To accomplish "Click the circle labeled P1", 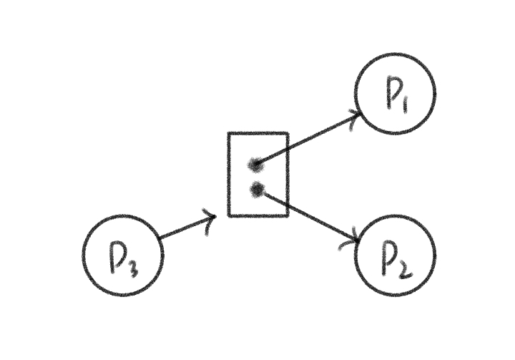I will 395,94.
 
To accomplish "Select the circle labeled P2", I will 395,255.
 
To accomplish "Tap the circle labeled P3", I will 122,256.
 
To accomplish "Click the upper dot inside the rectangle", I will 255,165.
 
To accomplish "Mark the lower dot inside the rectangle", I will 257,189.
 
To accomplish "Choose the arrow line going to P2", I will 308,215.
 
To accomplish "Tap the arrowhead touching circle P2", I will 354,240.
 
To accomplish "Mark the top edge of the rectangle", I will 257,133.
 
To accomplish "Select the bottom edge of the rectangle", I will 257,215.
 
